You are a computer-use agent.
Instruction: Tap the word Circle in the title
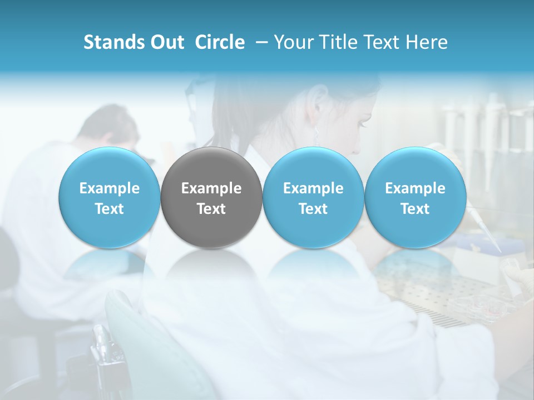(220, 42)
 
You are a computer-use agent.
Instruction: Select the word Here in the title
(427, 42)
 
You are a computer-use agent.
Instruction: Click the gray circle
(211, 198)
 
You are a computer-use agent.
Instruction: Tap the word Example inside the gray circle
(211, 188)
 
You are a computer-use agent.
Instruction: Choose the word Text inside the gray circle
(211, 209)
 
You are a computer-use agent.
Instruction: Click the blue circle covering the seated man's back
(110, 198)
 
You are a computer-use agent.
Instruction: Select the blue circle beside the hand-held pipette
(415, 198)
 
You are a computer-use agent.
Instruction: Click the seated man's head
(108, 125)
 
